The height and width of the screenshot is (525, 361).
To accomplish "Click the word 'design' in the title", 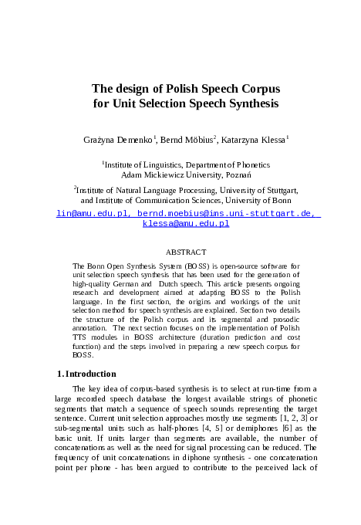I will click(x=136, y=89).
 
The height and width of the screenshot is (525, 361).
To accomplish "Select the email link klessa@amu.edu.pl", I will click(x=186, y=223).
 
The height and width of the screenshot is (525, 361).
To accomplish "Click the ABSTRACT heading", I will click(x=186, y=252).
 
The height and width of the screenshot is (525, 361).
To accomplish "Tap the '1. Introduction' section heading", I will click(x=86, y=374).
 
